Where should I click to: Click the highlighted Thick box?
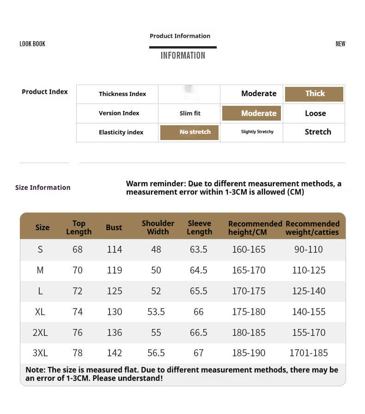pyautogui.click(x=314, y=94)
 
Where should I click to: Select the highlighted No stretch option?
pyautogui.click(x=189, y=132)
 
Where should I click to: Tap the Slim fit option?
pyautogui.click(x=190, y=113)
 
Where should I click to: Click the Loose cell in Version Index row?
pyautogui.click(x=315, y=113)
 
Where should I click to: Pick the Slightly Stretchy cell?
pyautogui.click(x=257, y=132)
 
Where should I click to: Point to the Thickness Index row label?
pyautogui.click(x=122, y=94)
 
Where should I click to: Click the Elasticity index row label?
pyautogui.click(x=121, y=132)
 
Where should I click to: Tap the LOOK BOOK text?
pyautogui.click(x=32, y=44)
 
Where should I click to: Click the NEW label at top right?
pyautogui.click(x=340, y=44)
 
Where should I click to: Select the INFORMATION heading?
pyautogui.click(x=182, y=55)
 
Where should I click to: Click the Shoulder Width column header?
pyautogui.click(x=158, y=227)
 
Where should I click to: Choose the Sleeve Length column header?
pyautogui.click(x=199, y=227)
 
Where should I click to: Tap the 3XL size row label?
pyautogui.click(x=40, y=353)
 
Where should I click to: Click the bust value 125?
pyautogui.click(x=114, y=291)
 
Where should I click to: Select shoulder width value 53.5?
pyautogui.click(x=156, y=312)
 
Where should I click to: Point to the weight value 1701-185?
pyautogui.click(x=308, y=353)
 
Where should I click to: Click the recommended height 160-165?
pyautogui.click(x=249, y=250)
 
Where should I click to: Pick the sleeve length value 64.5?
pyautogui.click(x=199, y=270)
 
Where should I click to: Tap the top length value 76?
pyautogui.click(x=78, y=333)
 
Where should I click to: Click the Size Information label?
pyautogui.click(x=43, y=188)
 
